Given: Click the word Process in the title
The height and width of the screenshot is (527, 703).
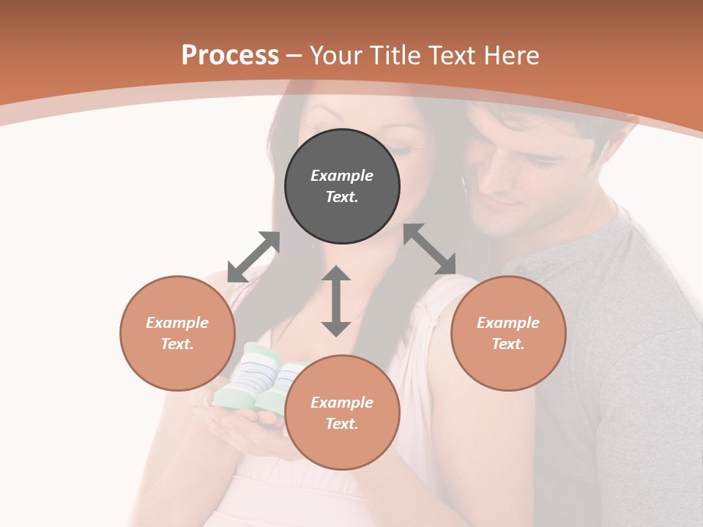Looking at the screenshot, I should pos(230,56).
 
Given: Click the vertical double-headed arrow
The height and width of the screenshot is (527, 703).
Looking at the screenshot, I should pos(336,301).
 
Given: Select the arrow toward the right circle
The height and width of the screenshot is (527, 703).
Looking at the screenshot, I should pos(430,249).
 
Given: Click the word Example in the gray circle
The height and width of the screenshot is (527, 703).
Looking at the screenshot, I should pos(342,176).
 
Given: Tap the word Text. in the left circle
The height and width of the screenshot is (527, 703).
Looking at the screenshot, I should pos(177,344).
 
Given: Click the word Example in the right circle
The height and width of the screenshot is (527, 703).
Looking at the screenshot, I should pos(508,323).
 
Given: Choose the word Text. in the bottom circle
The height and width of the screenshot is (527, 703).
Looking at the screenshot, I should pos(342,424).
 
